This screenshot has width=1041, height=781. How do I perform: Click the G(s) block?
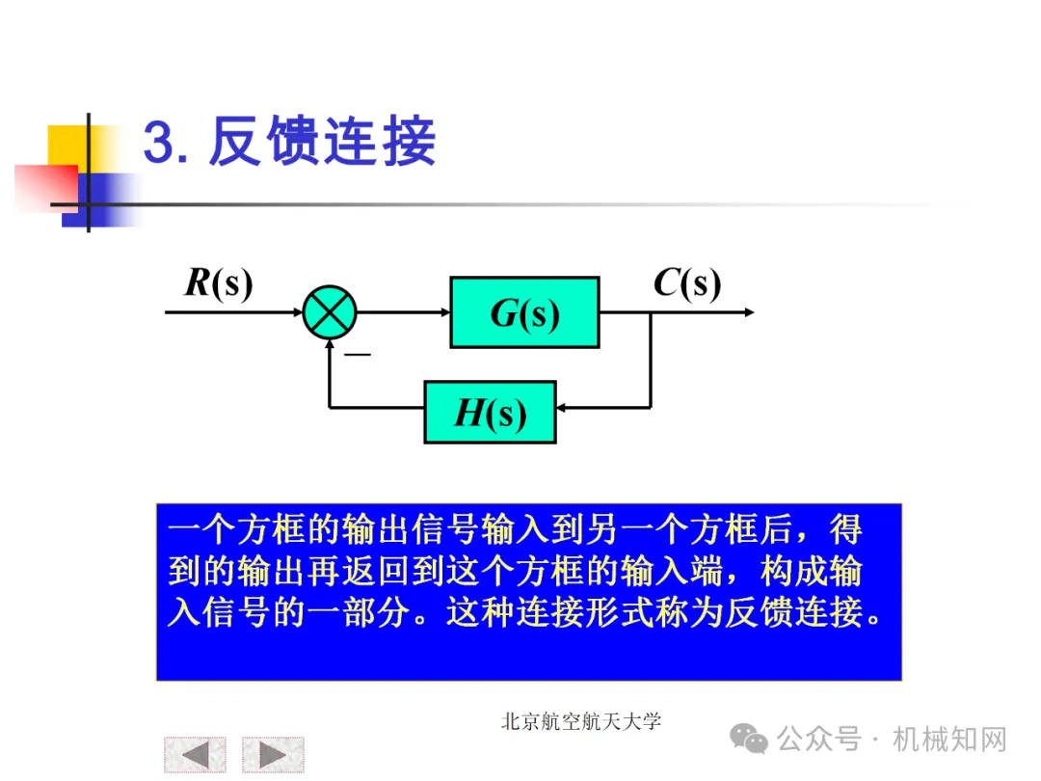[x=524, y=312]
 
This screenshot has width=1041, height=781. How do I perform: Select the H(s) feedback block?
[x=490, y=413]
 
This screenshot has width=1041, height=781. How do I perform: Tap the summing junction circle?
[x=330, y=312]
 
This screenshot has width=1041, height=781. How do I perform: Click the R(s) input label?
[x=218, y=283]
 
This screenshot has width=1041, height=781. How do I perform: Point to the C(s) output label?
[x=686, y=283]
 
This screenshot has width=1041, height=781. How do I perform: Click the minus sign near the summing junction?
[x=359, y=356]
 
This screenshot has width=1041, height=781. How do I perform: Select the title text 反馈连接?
[x=322, y=143]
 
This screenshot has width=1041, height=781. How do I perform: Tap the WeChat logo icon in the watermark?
[x=749, y=740]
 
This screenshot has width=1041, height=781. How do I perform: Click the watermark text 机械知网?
[x=949, y=740]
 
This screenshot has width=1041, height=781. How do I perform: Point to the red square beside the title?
[x=44, y=185]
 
